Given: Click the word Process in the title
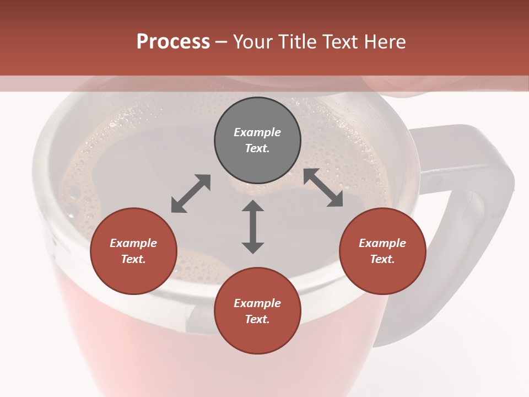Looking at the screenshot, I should pos(173,42).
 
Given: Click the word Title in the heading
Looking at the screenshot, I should pos(296,42).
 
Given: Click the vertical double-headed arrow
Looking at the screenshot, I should pos(253,227).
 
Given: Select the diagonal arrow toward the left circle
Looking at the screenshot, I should pos(191,194).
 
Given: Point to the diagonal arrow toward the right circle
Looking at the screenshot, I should pos(323,187).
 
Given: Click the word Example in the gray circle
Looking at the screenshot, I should pos(257,132).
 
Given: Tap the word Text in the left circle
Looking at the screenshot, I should pos(133,259).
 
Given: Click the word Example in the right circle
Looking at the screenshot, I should pos(382,243).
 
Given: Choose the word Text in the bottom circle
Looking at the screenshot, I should pos(257,319).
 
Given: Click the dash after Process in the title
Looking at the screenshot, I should pos(221,42).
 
